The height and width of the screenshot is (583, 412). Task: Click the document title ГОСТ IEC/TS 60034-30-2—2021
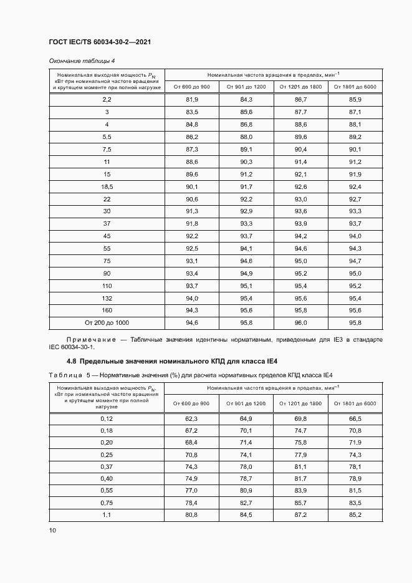click(100, 42)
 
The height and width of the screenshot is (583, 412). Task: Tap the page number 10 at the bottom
click(52, 531)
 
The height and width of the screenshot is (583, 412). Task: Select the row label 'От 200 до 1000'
click(107, 322)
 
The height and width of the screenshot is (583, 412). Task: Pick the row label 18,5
click(107, 186)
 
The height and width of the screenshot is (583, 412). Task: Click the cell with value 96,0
click(301, 322)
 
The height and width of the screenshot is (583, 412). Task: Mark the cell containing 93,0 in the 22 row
click(301, 199)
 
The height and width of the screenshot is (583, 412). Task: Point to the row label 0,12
click(107, 418)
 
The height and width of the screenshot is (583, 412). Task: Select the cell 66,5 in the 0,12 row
click(355, 418)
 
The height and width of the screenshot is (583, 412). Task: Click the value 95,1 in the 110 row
click(246, 286)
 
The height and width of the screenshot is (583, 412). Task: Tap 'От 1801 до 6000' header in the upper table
click(355, 87)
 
